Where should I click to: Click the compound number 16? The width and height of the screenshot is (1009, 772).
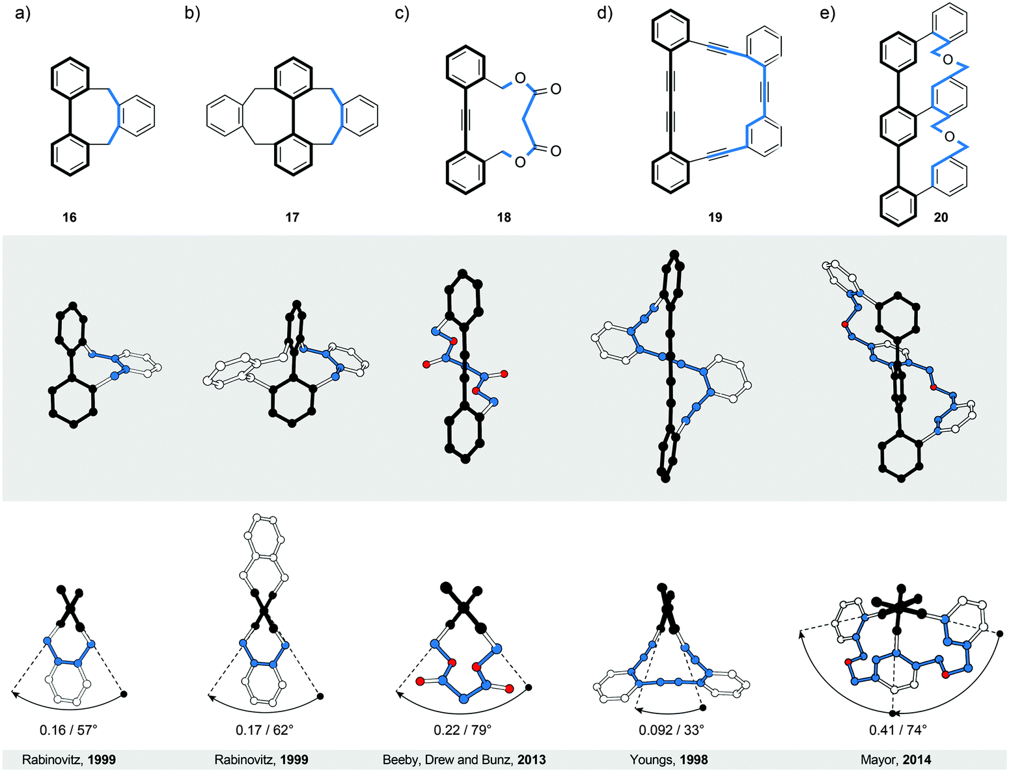tap(70, 217)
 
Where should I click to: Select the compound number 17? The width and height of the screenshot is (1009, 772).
tap(292, 217)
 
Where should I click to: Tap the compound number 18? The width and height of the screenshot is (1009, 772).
tap(504, 217)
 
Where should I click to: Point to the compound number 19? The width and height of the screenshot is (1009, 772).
tap(715, 217)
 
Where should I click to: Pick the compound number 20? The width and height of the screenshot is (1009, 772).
tap(941, 217)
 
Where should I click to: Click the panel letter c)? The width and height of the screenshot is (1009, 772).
tap(402, 13)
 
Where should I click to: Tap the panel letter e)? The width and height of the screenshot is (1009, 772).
tap(827, 13)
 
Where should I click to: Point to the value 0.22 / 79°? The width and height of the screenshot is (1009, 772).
tap(463, 730)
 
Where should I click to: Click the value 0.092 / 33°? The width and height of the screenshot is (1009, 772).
tap(671, 730)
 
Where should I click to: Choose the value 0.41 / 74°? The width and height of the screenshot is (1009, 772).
tap(898, 730)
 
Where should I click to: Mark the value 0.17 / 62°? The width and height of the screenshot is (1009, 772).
tap(264, 730)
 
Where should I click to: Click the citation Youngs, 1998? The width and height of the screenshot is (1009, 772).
tap(669, 760)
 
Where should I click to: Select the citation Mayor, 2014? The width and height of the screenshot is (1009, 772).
tap(896, 760)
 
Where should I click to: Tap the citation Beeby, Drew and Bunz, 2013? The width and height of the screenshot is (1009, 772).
tap(464, 760)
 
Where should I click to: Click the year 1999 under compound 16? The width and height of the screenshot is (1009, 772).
tap(102, 760)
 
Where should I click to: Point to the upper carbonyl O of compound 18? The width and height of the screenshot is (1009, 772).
tap(555, 89)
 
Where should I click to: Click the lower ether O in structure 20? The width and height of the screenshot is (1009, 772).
tap(948, 137)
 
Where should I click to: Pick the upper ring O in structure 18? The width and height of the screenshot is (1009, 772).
tap(519, 79)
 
